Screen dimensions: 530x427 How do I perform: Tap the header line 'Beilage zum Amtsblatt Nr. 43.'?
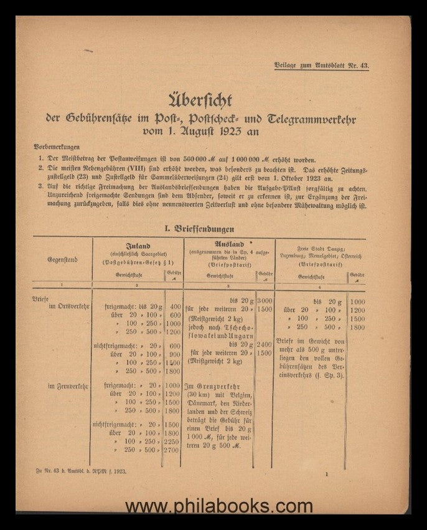[321, 65]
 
